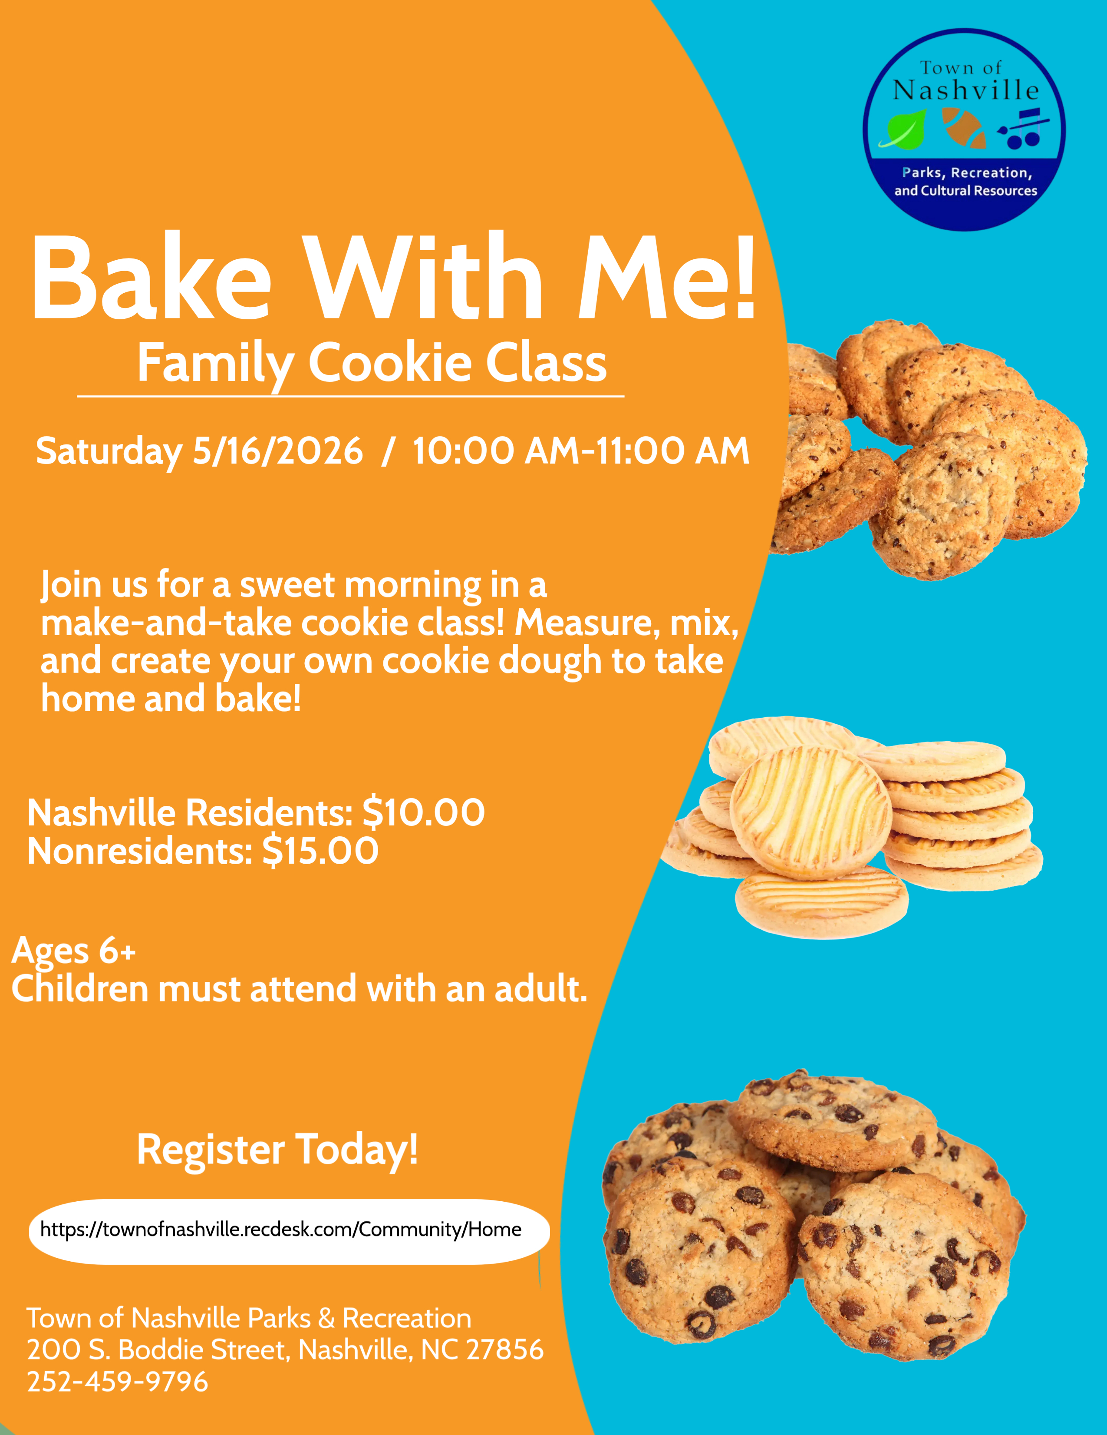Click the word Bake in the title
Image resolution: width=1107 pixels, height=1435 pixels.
tap(151, 277)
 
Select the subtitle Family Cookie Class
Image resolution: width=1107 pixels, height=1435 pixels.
tap(372, 363)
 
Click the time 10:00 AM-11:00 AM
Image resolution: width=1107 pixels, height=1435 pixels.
tap(580, 451)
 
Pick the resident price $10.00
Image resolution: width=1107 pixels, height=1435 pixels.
tap(424, 813)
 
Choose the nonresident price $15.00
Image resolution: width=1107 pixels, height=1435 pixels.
tap(320, 851)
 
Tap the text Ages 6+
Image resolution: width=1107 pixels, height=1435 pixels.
tap(73, 951)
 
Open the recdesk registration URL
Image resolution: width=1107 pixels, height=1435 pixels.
tap(281, 1230)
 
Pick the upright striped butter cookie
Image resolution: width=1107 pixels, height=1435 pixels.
tap(811, 813)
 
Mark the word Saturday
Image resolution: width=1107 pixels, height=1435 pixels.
tap(109, 451)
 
